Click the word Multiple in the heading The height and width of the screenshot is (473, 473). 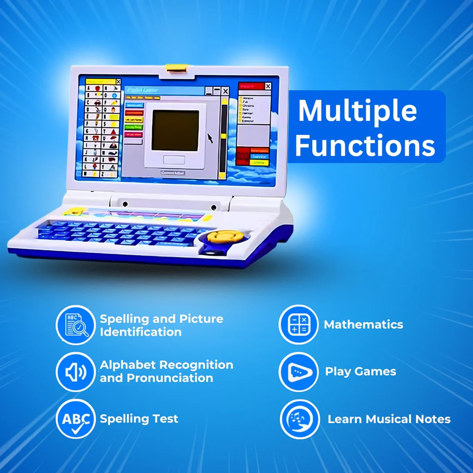357,112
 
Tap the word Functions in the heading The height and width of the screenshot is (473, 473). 365,145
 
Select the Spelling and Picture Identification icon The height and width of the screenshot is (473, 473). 75,325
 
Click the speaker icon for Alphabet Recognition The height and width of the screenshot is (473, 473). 75,372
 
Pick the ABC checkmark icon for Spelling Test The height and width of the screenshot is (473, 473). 75,419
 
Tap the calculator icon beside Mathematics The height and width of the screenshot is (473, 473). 298,324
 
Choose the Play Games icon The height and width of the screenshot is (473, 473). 298,372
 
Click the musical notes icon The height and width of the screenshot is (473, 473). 299,419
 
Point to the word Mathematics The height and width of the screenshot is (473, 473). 363,324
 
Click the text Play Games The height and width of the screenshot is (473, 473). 360,371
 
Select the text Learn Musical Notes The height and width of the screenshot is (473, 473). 389,419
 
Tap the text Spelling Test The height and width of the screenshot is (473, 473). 139,419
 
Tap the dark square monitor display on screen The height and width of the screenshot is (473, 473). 175,131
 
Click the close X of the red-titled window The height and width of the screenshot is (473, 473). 268,86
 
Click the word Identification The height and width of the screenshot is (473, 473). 140,332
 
